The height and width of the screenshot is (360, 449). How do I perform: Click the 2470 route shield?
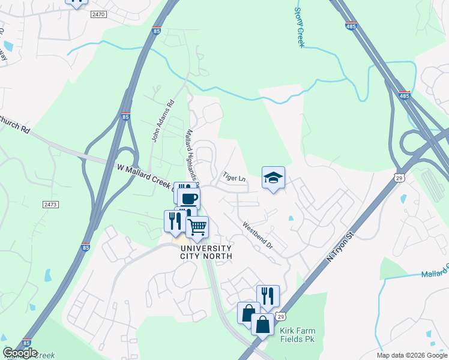tap(98, 13)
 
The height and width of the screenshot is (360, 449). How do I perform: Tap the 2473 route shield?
tap(50, 205)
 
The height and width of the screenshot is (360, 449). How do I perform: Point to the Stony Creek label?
tap(300, 27)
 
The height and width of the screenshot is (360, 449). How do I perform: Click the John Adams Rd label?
tap(163, 121)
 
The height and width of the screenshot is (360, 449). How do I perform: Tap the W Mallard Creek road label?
tap(144, 177)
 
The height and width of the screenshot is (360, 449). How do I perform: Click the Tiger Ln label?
tap(234, 178)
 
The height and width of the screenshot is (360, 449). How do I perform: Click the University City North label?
tap(206, 252)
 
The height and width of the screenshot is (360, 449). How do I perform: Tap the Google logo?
tap(20, 353)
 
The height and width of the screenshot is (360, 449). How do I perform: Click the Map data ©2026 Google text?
tap(411, 355)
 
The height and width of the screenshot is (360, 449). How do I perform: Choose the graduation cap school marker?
tap(273, 178)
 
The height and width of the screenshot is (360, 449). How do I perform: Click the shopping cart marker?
tap(197, 227)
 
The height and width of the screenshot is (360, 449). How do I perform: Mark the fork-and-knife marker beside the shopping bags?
tap(268, 296)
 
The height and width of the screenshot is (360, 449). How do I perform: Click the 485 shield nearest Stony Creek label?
tap(351, 26)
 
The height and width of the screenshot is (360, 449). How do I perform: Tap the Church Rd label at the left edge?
tap(14, 124)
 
